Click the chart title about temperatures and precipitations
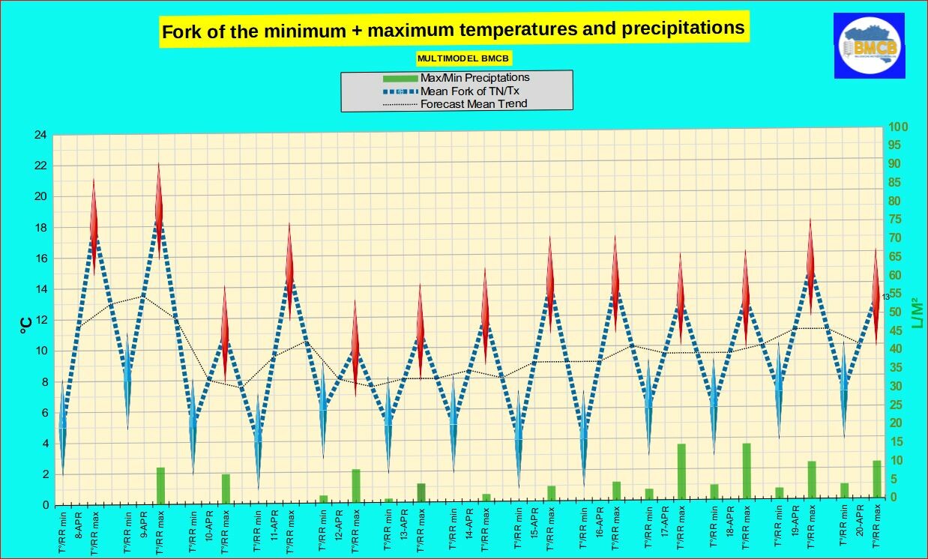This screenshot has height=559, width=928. pyautogui.click(x=453, y=30)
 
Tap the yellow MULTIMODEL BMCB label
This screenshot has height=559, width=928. pyautogui.click(x=464, y=58)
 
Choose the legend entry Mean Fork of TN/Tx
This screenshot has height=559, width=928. pyautogui.click(x=469, y=91)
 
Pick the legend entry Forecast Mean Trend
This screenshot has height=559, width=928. pyautogui.click(x=474, y=103)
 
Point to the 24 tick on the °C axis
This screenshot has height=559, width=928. pyautogui.click(x=39, y=136)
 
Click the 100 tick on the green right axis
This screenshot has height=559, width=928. pyautogui.click(x=898, y=127)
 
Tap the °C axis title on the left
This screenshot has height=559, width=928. pyautogui.click(x=25, y=323)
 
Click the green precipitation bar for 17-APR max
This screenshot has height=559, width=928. pyautogui.click(x=681, y=471)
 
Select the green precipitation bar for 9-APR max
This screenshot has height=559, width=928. pyautogui.click(x=160, y=485)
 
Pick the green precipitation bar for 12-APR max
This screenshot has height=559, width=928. pyautogui.click(x=356, y=486)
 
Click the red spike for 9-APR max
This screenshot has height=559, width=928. pyautogui.click(x=159, y=210)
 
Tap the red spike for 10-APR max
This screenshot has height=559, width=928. pyautogui.click(x=224, y=333)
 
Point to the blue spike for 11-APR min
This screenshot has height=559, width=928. pyautogui.click(x=258, y=442)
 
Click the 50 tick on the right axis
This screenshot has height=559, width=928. pyautogui.click(x=895, y=312)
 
